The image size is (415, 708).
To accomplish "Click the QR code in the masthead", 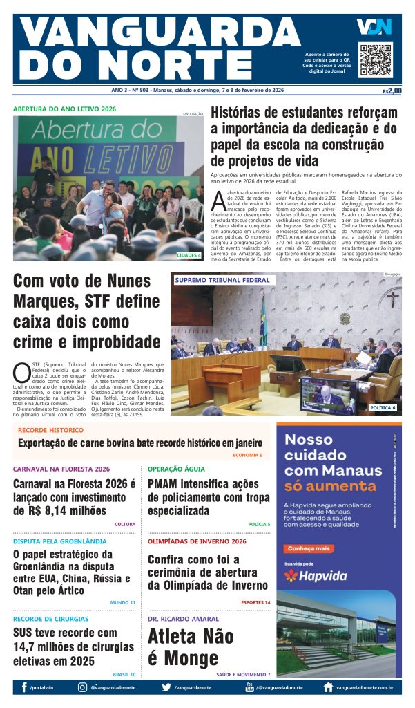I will tap(376, 59).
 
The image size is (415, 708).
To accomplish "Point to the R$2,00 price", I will tap(392, 91).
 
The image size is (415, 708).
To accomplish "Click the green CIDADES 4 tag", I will tap(189, 255).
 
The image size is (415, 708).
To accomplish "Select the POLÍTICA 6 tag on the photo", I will tap(383, 408).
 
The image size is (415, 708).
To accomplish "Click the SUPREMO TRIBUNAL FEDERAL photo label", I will tap(222, 280).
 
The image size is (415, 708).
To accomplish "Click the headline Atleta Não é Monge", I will tap(191, 646).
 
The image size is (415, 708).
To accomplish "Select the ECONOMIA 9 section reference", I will tap(247, 455).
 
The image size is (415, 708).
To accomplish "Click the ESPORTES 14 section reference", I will tap(255, 602).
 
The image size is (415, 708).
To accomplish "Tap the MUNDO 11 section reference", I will tap(123, 602).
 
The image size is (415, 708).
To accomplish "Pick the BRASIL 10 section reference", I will tap(124, 673).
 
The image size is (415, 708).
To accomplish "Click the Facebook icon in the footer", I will tap(24, 687).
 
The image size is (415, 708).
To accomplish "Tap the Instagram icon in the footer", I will tap(83, 687).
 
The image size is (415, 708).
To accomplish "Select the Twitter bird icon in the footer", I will tap(166, 687).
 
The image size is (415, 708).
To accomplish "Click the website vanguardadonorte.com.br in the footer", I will tap(365, 688).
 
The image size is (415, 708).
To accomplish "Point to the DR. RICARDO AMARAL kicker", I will tap(183, 619).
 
